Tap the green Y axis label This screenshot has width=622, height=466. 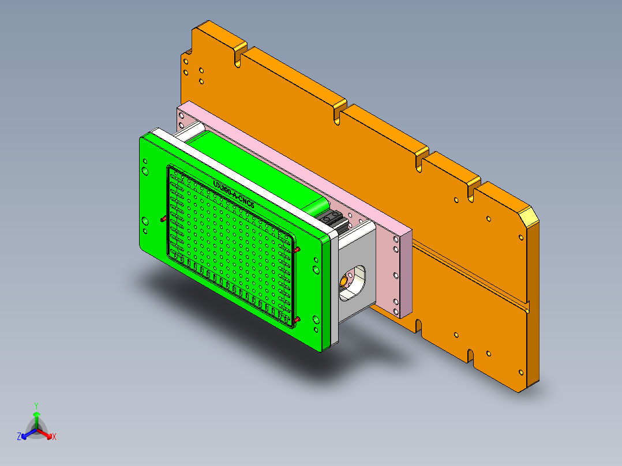(x=36, y=405)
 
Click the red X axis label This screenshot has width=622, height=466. (x=54, y=437)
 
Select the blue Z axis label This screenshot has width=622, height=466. (x=19, y=437)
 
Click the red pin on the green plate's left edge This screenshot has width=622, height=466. (x=163, y=219)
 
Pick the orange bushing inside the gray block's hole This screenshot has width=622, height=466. (x=344, y=280)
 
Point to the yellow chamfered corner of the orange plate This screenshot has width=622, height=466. (x=528, y=217)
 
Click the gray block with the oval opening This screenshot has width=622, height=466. (x=358, y=271)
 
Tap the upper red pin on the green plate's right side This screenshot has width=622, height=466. (x=297, y=250)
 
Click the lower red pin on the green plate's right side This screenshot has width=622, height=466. (x=297, y=320)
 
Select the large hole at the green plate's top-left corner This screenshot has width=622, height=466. (x=144, y=171)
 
